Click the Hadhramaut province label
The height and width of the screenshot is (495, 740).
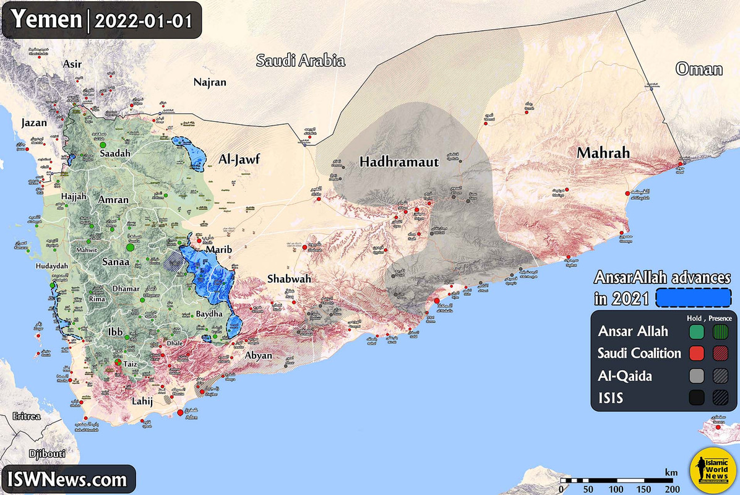click(x=399, y=162)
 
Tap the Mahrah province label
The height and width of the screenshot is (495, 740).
click(x=603, y=152)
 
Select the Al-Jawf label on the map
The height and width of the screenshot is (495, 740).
click(x=238, y=160)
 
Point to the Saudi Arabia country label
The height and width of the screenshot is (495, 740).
click(x=301, y=61)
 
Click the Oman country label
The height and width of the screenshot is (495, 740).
click(x=699, y=68)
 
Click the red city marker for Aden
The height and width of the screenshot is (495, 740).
click(x=180, y=413)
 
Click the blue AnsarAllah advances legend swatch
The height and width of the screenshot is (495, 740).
click(x=693, y=298)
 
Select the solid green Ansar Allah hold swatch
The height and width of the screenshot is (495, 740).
click(x=697, y=332)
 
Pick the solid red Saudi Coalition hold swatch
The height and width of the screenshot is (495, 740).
click(x=697, y=353)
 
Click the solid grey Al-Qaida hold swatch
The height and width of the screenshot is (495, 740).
click(x=697, y=376)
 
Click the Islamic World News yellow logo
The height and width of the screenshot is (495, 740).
click(x=711, y=470)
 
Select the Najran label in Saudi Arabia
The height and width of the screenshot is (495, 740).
click(x=210, y=82)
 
